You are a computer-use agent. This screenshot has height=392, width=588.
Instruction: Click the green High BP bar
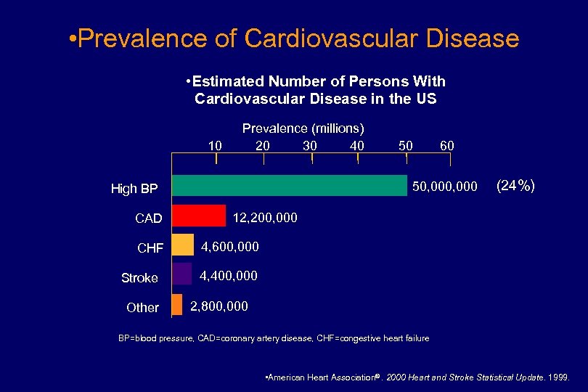[289, 186]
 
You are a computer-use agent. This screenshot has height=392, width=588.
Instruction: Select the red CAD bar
[199, 216]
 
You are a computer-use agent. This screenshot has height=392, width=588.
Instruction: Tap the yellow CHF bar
[183, 245]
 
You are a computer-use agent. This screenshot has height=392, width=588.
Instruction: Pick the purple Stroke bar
[182, 274]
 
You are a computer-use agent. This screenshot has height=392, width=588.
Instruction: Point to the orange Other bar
[177, 304]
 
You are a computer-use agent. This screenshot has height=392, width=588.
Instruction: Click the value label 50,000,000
[444, 187]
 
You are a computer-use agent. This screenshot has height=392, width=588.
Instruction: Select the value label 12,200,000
[264, 218]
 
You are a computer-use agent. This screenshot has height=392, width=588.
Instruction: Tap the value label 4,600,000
[230, 247]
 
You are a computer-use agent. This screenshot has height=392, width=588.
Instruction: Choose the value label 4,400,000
[229, 277]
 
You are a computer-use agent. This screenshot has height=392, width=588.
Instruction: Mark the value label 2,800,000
[219, 306]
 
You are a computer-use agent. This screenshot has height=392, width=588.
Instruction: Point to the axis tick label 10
[215, 145]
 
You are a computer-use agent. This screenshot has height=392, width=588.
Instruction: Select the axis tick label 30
[310, 145]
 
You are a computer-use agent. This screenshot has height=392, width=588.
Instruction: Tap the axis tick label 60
[447, 145]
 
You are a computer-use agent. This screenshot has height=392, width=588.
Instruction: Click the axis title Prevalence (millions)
[303, 128]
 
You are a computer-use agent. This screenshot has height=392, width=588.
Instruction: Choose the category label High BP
[134, 189]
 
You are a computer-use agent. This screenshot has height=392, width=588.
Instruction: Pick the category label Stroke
[139, 278]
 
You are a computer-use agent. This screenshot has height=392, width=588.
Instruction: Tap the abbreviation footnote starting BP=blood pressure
[274, 338]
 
